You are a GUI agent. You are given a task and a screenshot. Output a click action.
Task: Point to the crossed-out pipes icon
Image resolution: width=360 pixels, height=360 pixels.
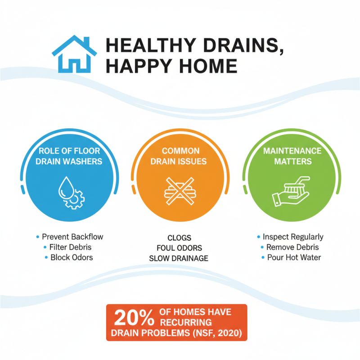click(180, 192)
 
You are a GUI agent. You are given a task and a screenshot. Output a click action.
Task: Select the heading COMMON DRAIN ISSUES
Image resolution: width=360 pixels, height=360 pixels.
click(180, 156)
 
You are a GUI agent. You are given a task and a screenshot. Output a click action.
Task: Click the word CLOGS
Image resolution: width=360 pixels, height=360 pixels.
click(179, 238)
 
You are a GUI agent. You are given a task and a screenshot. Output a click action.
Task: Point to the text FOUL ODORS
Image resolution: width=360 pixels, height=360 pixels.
click(179, 248)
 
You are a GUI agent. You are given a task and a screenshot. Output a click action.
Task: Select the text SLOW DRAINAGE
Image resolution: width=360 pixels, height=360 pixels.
click(179, 258)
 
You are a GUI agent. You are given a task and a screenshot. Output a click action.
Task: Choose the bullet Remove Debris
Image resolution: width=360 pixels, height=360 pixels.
click(292, 247)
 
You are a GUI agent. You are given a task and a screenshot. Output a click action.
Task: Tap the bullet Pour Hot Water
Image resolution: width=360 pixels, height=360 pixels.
click(292, 257)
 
